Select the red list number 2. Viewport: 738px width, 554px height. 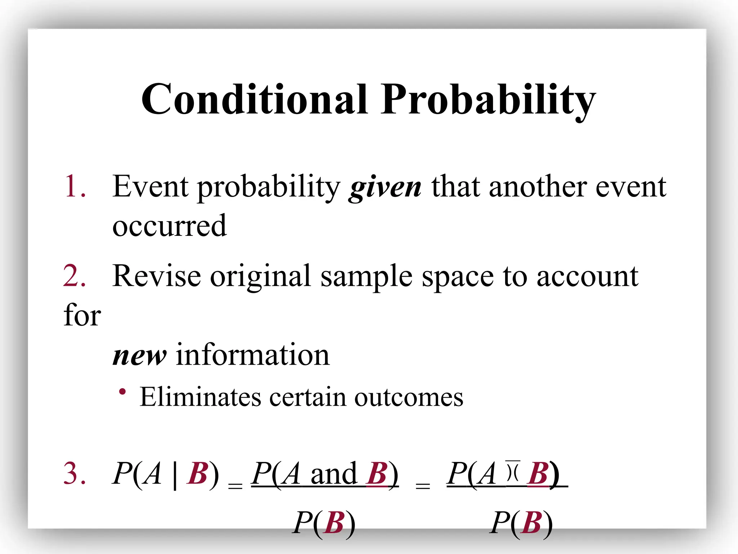pos(74,276)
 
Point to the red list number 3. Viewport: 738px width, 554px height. pos(74,473)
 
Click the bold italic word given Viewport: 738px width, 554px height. pos(385,188)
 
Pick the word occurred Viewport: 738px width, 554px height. pos(169,226)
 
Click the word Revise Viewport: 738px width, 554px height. pos(156,276)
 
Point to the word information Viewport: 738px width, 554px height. pos(253,355)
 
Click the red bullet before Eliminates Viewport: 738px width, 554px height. pos(123,392)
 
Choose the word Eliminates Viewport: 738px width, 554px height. pos(200,397)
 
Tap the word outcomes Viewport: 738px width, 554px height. pos(409,397)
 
